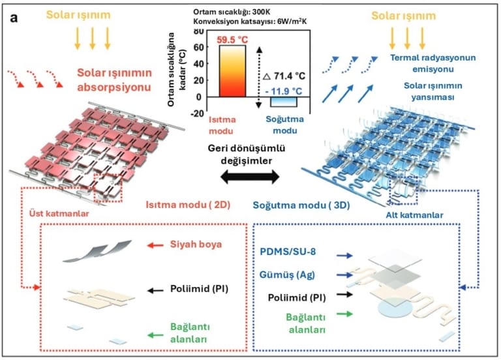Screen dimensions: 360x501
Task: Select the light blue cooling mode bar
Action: pyautogui.click(x=284, y=101)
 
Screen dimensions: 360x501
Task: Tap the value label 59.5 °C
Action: pyautogui.click(x=232, y=38)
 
